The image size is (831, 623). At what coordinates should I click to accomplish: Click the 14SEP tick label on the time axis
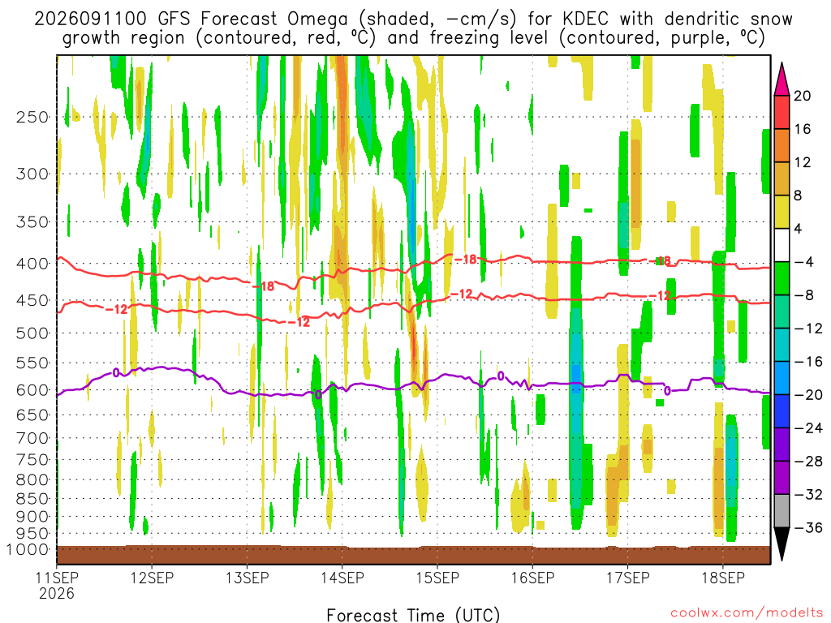pos(342,578)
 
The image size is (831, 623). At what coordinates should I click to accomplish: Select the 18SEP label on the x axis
pos(723,578)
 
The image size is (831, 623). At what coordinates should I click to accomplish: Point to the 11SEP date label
pos(57,578)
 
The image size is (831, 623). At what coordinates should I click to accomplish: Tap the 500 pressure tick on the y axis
pos(32,333)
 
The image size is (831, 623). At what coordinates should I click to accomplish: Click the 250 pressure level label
pos(32,117)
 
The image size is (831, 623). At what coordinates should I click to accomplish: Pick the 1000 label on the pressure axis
pos(28,549)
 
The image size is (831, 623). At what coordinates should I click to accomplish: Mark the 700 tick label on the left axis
pos(32,438)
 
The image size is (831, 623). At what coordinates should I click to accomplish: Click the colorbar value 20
pos(803,96)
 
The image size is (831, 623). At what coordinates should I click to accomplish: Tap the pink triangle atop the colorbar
pos(781,79)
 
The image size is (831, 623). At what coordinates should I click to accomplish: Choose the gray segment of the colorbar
pos(781,511)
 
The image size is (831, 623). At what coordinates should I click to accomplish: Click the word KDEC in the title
pos(586,19)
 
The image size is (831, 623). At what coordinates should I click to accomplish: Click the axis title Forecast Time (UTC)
pos(413,615)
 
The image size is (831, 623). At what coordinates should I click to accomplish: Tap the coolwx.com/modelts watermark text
pos(747,613)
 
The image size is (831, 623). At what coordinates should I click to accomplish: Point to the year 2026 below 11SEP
pos(57,593)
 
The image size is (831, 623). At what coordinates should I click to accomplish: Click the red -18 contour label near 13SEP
pos(264,286)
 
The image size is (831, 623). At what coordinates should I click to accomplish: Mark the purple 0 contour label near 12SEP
pos(115,373)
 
